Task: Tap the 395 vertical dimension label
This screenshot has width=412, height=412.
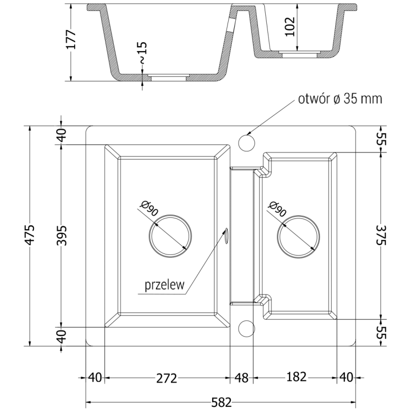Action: coord(61,235)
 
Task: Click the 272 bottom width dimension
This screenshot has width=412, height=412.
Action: coord(166,379)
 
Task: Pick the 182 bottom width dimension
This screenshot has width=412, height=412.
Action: coord(295,377)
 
